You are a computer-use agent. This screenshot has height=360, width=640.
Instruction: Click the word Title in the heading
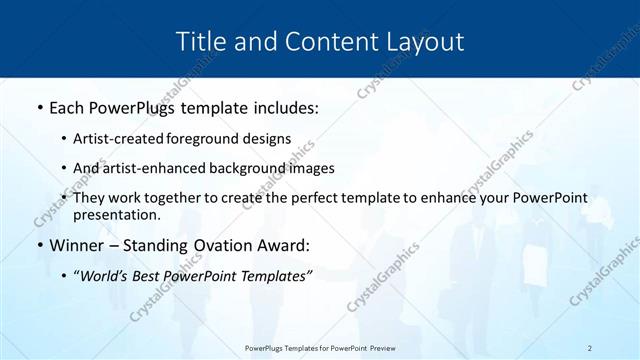pos(199,42)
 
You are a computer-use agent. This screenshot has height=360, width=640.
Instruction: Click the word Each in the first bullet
pos(67,107)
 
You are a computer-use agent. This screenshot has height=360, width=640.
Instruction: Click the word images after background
pos(311,168)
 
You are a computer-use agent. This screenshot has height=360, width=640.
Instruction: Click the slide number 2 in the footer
pos(590,348)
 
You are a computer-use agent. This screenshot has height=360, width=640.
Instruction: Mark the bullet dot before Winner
pos(39,246)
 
